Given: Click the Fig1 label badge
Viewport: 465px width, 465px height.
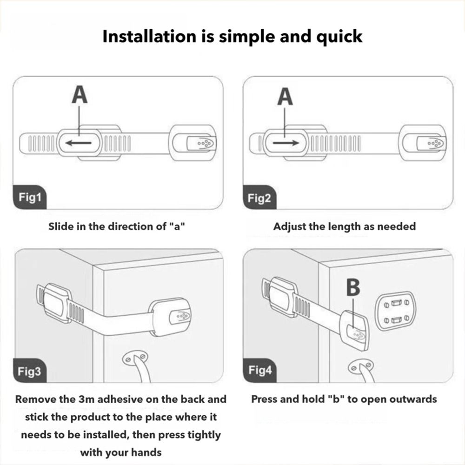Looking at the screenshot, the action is pos(30,197).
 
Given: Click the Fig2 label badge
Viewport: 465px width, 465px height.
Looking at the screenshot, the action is pos(259,198).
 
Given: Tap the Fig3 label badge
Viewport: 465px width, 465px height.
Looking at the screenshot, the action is pos(30,371).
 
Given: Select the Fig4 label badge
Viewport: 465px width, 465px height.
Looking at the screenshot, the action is pos(260,370).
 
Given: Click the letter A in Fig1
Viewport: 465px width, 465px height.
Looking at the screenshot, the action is pos(80,94).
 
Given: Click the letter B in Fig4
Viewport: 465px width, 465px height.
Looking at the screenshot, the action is pos(353,287).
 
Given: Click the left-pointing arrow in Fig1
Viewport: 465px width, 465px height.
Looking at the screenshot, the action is pos(78,143).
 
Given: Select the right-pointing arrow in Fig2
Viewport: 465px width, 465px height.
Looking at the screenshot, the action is pos(286,143).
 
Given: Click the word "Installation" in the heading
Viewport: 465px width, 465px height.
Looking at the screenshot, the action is pos(149,36).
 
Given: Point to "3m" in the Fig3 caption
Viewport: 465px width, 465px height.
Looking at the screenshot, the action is pos(86,399).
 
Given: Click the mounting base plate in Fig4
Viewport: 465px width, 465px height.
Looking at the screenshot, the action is pos(396,311).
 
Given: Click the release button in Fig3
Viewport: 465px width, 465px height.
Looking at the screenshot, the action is pos(180,317).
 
